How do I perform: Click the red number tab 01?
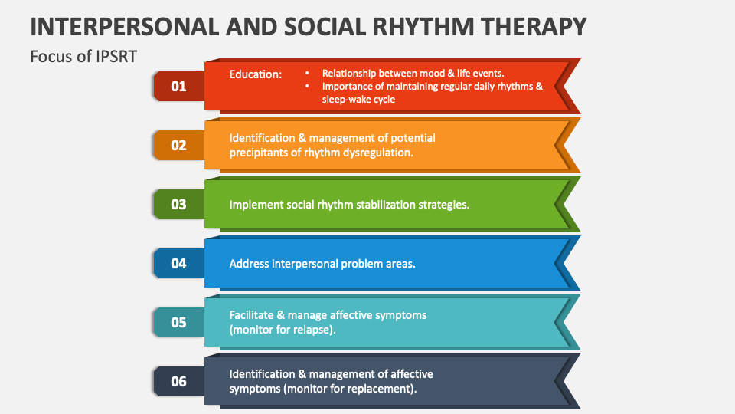point(178,86)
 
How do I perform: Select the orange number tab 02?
point(178,145)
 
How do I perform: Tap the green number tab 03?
point(178,204)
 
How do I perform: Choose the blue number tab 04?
point(178,263)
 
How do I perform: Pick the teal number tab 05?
point(178,322)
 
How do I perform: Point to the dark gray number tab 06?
point(178,381)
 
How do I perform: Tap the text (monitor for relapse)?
point(283,330)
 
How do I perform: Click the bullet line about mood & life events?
point(413,74)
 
